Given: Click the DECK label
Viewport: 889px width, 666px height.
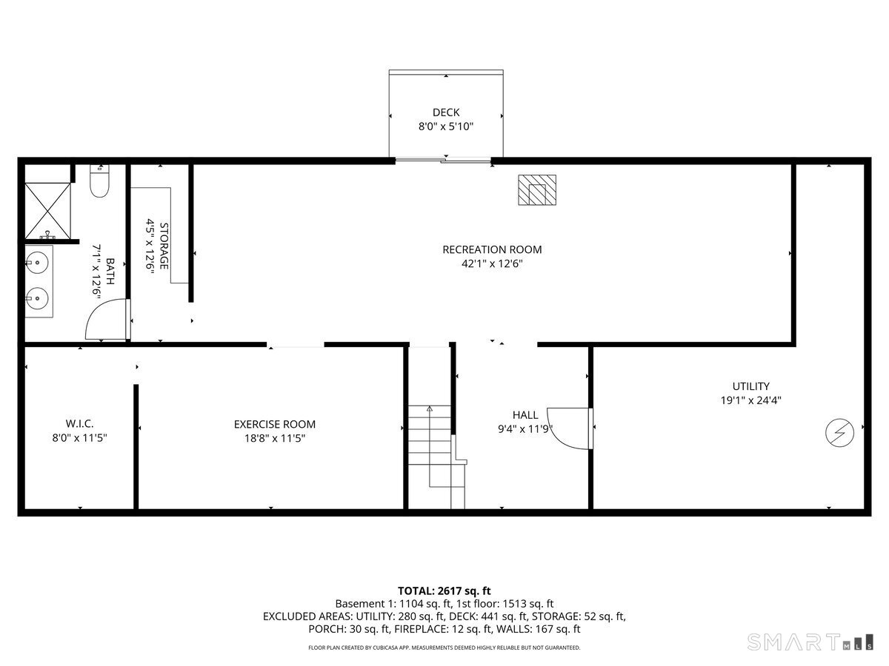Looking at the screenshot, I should [446, 112].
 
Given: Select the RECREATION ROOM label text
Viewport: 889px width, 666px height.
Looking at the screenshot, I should [492, 249].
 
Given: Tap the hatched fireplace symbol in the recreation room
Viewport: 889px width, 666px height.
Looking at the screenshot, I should [536, 190].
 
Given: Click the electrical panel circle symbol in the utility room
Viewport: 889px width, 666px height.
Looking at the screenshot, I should [839, 432].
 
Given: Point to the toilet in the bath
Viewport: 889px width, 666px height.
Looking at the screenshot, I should [99, 182].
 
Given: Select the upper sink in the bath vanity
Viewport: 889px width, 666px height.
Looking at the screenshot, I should [37, 262].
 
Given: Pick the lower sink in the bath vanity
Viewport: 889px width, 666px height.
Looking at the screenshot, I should [37, 299].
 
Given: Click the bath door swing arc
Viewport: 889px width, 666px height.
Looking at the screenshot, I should [104, 320].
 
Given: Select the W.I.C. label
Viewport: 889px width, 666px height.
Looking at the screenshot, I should [79, 423].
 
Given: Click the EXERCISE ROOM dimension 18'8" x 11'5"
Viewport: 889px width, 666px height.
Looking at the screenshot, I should [274, 438].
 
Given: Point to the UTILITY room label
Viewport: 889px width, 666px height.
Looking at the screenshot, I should [750, 386].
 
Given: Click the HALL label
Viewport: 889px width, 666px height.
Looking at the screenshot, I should [525, 415].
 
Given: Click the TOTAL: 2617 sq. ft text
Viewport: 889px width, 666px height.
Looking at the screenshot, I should [444, 591].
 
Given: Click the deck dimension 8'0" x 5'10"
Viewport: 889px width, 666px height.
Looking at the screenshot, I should [446, 127].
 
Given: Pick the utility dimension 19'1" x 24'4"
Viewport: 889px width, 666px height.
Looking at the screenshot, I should [750, 400].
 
